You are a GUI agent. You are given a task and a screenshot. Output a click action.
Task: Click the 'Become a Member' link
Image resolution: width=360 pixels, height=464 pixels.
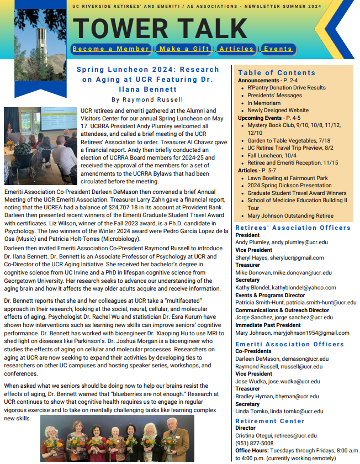point(111,49)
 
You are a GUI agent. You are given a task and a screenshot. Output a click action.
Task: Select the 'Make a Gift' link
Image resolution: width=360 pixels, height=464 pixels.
point(184,49)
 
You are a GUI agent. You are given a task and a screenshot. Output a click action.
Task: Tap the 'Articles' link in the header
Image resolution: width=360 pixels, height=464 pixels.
point(236,49)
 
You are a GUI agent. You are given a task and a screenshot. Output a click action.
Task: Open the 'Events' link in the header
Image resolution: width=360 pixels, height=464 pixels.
point(278,49)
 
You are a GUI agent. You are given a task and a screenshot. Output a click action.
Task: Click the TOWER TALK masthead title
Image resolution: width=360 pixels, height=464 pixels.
point(160,27)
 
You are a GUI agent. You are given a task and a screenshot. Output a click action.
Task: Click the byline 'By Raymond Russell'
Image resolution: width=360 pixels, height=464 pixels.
point(147,99)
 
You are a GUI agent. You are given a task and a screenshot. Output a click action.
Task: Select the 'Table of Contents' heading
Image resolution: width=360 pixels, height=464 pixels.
point(277,72)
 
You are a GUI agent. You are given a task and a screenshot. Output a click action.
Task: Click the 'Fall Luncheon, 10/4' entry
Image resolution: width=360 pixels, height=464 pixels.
point(272,155)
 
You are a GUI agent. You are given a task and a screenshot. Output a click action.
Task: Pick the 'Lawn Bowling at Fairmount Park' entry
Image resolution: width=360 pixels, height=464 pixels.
point(287,178)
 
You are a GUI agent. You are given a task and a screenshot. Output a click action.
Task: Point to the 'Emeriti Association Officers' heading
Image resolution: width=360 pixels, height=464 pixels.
point(289,344)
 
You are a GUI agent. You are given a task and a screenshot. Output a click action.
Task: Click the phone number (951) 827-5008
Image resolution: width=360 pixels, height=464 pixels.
point(254,443)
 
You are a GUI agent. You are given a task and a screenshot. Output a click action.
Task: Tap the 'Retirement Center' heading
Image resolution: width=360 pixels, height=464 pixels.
point(270,421)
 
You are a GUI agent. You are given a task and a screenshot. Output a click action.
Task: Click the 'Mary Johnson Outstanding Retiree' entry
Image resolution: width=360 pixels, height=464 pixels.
point(290,216)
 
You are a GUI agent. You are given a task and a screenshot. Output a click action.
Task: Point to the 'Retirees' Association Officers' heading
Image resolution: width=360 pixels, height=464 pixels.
point(293,228)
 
